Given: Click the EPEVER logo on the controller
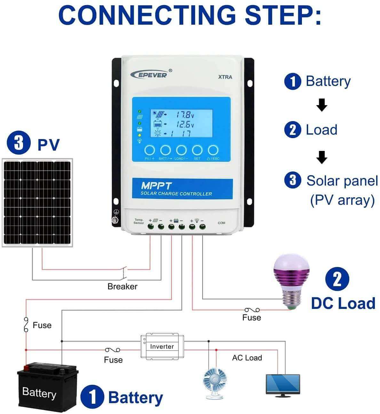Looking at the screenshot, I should (x=149, y=74).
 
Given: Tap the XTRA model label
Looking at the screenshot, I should (x=225, y=77).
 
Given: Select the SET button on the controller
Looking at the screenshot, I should (x=197, y=150).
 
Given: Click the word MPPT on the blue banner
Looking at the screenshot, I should (x=156, y=186).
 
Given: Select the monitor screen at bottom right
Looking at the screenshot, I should (x=283, y=384).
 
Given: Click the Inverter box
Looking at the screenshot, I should (x=162, y=346).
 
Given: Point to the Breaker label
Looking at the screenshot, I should (x=122, y=286).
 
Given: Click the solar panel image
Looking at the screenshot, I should (x=37, y=203).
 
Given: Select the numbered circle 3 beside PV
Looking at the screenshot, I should (x=19, y=143).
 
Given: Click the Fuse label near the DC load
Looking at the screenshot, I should (x=251, y=318).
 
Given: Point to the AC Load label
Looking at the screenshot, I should (x=247, y=358).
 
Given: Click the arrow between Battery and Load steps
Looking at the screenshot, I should (x=322, y=105).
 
